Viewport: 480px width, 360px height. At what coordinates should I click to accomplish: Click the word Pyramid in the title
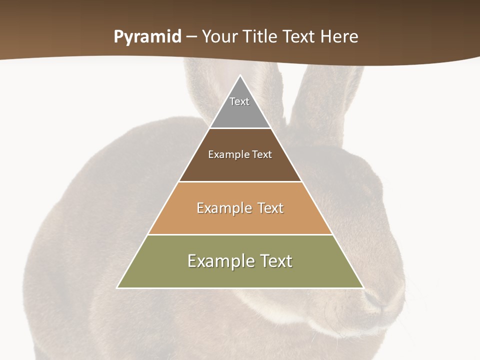[x=147, y=37]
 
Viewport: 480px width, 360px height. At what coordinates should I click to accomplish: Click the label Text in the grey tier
[x=239, y=101]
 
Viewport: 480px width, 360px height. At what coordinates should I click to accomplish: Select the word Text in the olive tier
[x=273, y=261]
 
